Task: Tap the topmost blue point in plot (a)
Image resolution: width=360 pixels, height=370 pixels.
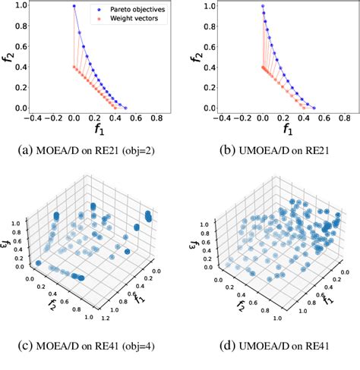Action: (74, 6)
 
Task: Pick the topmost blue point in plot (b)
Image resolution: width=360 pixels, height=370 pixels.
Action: (262, 6)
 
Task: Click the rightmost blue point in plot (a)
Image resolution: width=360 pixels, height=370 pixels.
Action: (125, 108)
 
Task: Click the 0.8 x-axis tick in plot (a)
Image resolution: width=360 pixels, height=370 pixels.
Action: (157, 119)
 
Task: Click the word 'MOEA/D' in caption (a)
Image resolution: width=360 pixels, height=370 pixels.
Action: (63, 152)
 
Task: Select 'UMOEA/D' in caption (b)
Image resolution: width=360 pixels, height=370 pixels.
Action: (248, 152)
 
